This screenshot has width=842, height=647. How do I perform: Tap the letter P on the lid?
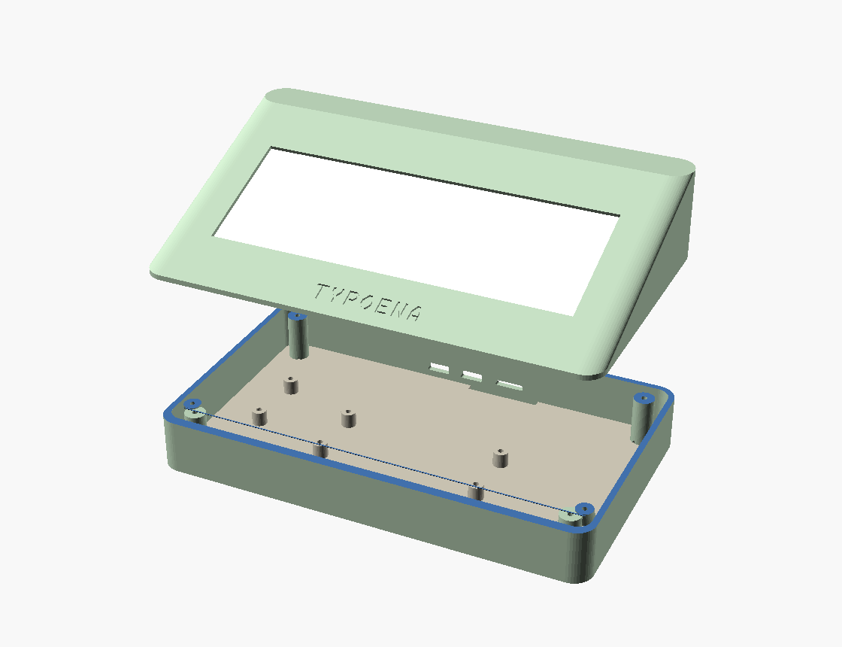point(353,299)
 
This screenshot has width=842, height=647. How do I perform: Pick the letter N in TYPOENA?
point(398,309)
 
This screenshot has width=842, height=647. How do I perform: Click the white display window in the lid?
point(416,231)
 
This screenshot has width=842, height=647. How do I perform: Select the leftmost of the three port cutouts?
point(439,368)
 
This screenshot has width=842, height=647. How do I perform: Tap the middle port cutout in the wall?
point(473,375)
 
